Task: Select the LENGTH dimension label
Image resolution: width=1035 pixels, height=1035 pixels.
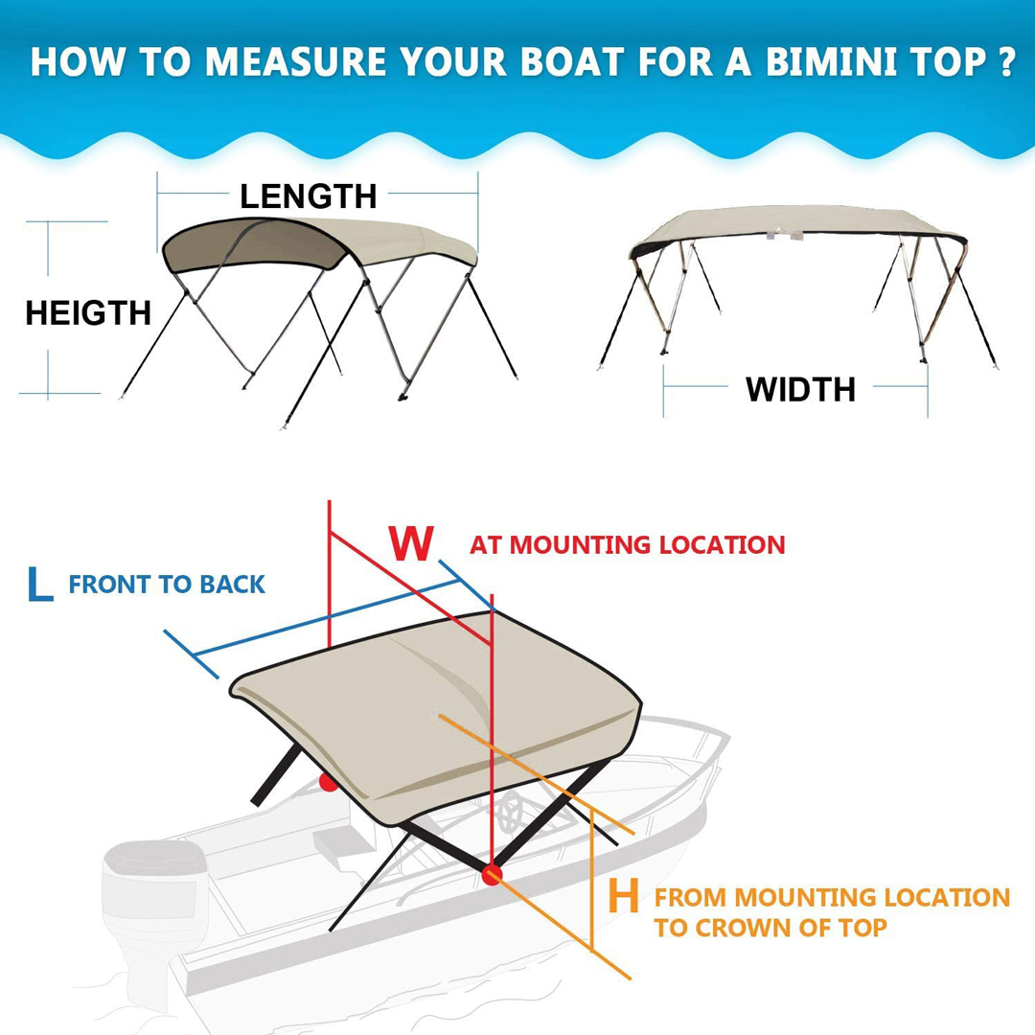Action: click(309, 196)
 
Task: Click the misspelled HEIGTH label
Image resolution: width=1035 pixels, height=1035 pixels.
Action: click(88, 312)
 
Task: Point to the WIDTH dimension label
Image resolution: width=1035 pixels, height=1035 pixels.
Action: click(800, 389)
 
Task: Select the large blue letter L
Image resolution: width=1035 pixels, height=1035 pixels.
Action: click(39, 585)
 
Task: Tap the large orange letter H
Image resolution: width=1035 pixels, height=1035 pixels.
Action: click(623, 896)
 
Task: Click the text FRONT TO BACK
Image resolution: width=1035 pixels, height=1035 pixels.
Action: click(167, 585)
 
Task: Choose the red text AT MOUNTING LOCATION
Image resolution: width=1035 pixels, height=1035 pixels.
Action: click(627, 544)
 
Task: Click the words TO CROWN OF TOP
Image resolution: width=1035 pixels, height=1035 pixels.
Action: click(770, 928)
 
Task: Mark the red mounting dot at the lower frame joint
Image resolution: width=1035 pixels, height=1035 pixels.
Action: click(491, 875)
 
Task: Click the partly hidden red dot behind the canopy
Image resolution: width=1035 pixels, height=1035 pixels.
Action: click(328, 783)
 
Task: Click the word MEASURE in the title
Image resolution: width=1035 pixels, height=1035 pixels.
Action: click(295, 61)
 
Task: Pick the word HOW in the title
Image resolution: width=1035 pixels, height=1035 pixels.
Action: click(78, 61)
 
